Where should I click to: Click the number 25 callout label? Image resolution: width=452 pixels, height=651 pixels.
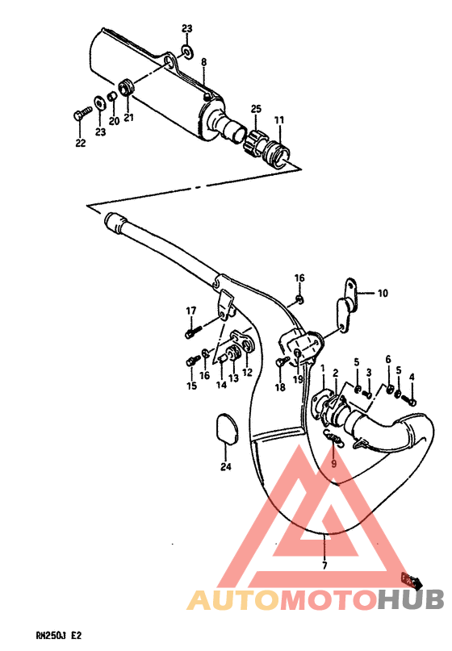click(256, 108)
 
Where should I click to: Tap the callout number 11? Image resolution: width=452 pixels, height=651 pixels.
click(279, 120)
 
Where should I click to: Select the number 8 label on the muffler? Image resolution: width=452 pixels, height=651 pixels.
click(203, 62)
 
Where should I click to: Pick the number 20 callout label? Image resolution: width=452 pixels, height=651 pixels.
click(114, 121)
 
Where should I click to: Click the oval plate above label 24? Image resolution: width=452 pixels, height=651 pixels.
click(226, 427)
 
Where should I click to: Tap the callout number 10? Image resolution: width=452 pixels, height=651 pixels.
click(383, 294)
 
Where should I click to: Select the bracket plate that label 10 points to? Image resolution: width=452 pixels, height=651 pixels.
click(348, 307)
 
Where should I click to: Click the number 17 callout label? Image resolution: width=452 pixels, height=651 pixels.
click(191, 311)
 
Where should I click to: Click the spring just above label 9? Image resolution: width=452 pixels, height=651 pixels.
click(333, 437)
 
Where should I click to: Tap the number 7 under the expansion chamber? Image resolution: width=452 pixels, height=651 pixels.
click(324, 565)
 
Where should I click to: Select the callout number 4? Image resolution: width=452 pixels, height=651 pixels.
click(412, 377)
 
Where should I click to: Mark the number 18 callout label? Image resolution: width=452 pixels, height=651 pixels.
click(281, 388)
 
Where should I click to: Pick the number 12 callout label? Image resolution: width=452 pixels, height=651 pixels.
click(247, 372)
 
